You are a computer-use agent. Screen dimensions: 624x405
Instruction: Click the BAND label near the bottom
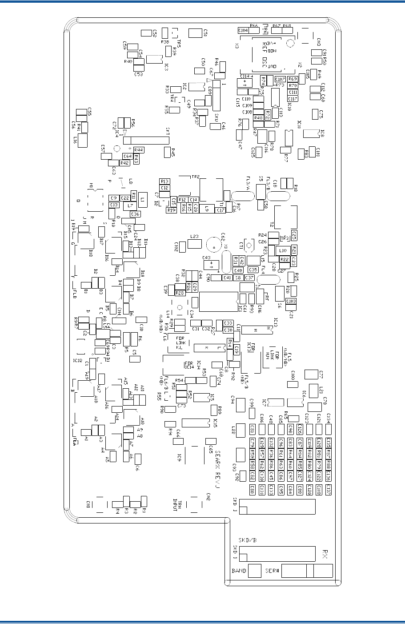(239, 571)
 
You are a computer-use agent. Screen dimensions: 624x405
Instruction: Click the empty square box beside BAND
(255, 571)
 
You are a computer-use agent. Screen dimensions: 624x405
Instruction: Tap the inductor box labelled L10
(283, 251)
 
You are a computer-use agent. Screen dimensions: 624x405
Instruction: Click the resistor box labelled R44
(139, 150)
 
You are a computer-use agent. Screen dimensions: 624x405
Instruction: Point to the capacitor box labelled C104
(243, 31)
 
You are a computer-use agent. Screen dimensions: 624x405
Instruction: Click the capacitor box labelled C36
(135, 214)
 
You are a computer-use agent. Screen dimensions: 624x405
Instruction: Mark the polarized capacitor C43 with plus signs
(212, 265)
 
